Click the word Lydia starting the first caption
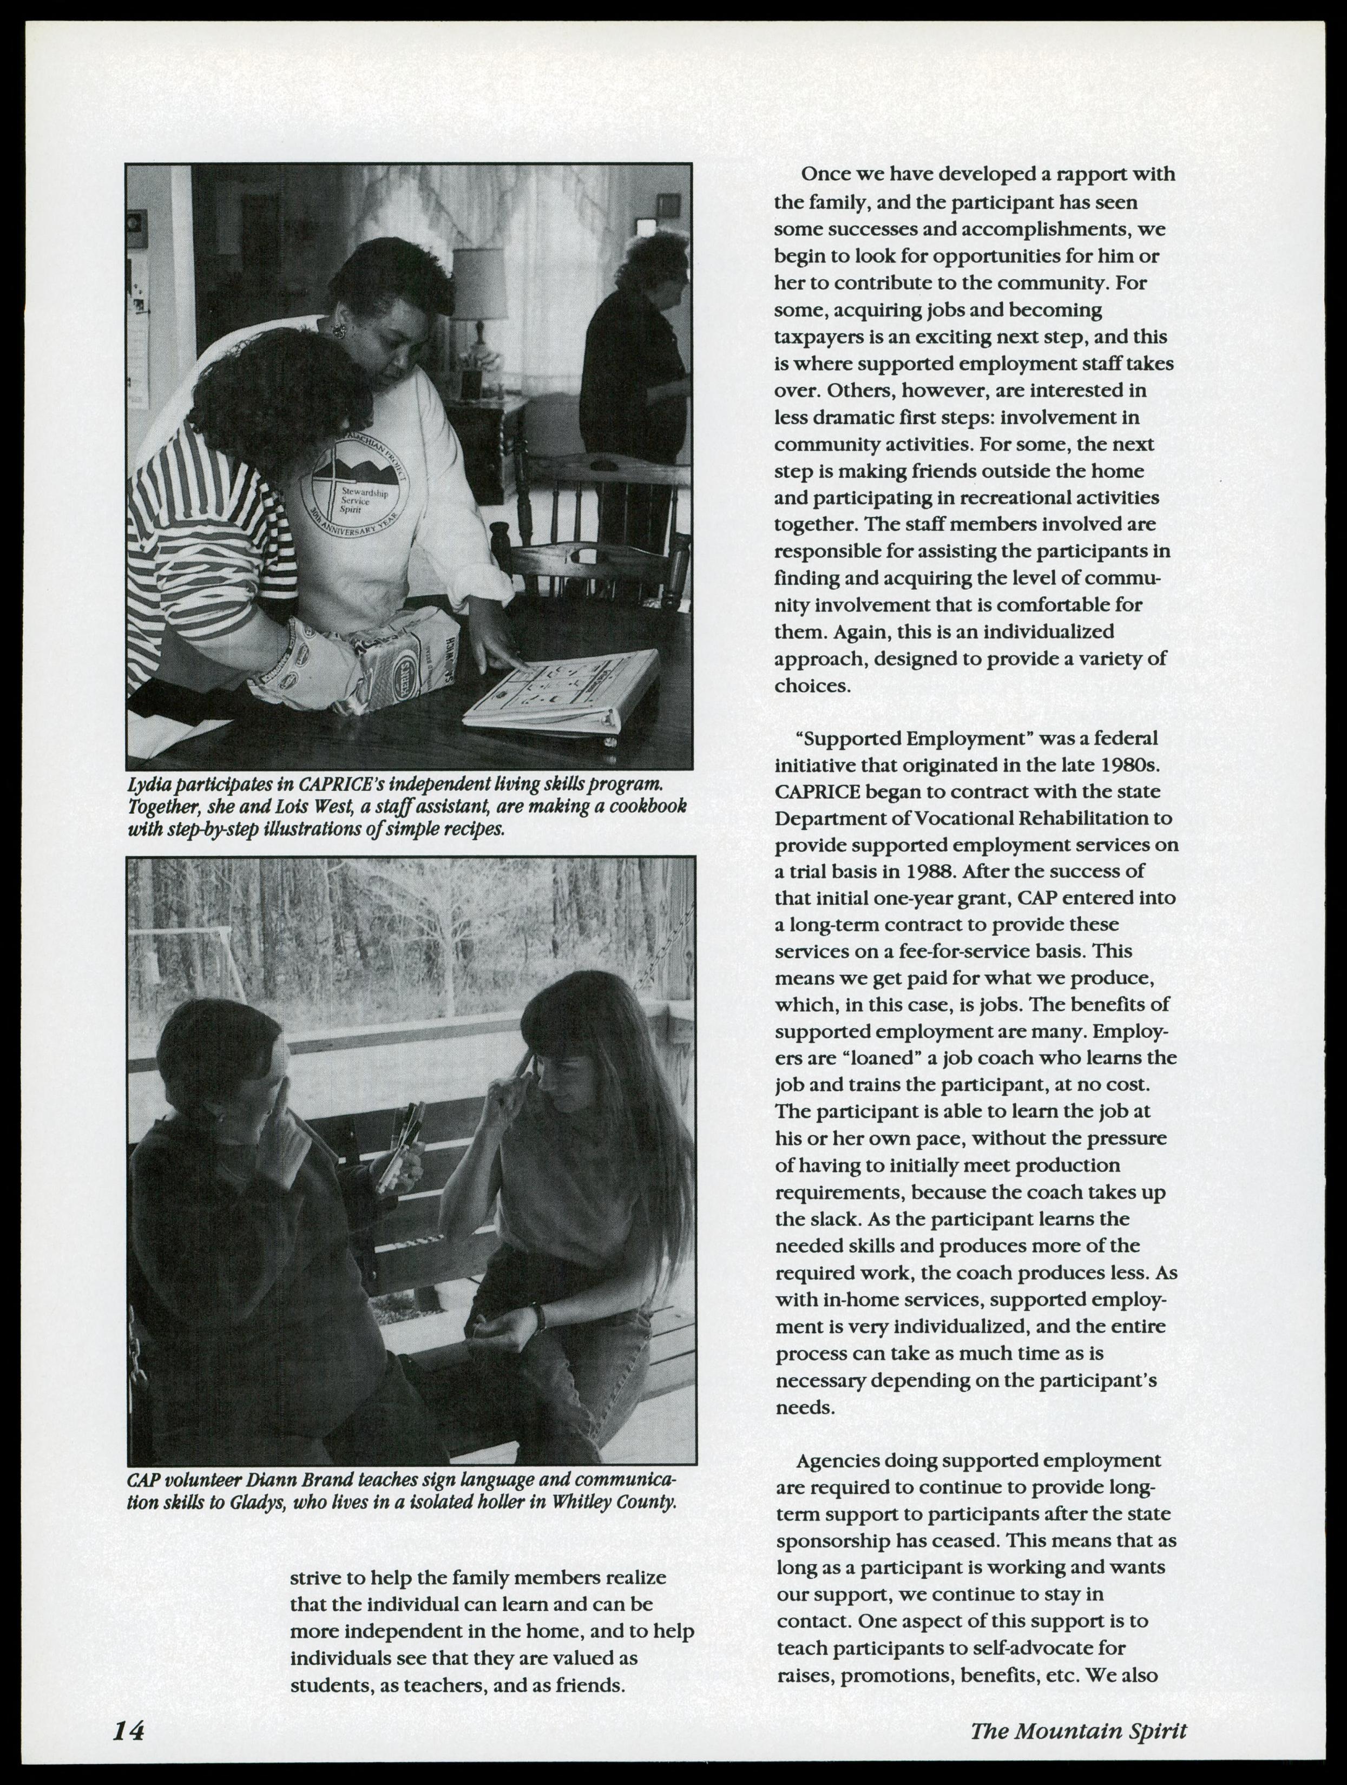pyautogui.click(x=149, y=783)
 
